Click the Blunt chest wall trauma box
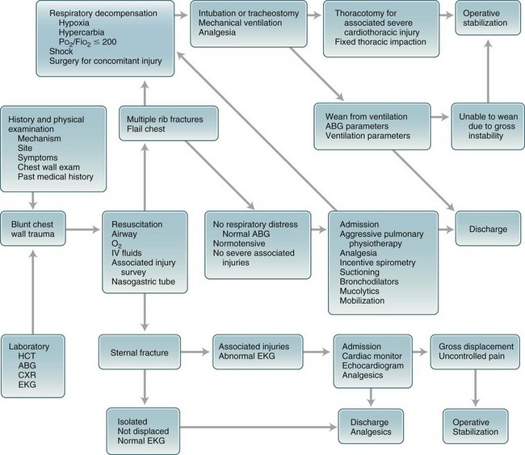[32, 229]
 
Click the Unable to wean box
[484, 124]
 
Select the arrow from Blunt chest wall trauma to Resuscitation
[82, 229]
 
